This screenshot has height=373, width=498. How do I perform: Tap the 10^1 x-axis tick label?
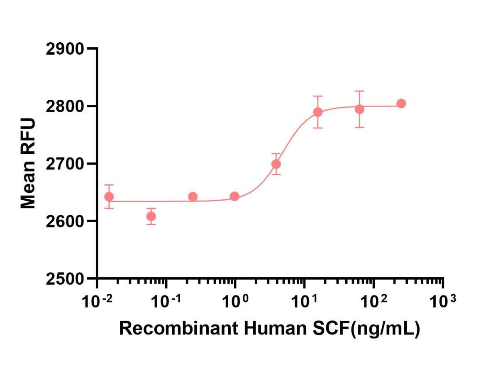click(305, 301)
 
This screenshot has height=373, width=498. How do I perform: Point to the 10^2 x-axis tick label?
click(374, 301)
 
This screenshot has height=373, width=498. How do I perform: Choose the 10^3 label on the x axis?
click(443, 301)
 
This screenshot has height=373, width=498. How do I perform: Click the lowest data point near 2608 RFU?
click(151, 216)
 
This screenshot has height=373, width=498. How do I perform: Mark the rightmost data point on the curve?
click(401, 104)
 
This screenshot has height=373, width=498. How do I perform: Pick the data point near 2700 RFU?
click(276, 164)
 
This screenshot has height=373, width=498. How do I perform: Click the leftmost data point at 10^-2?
click(109, 196)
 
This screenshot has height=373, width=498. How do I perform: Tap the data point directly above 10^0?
click(234, 196)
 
